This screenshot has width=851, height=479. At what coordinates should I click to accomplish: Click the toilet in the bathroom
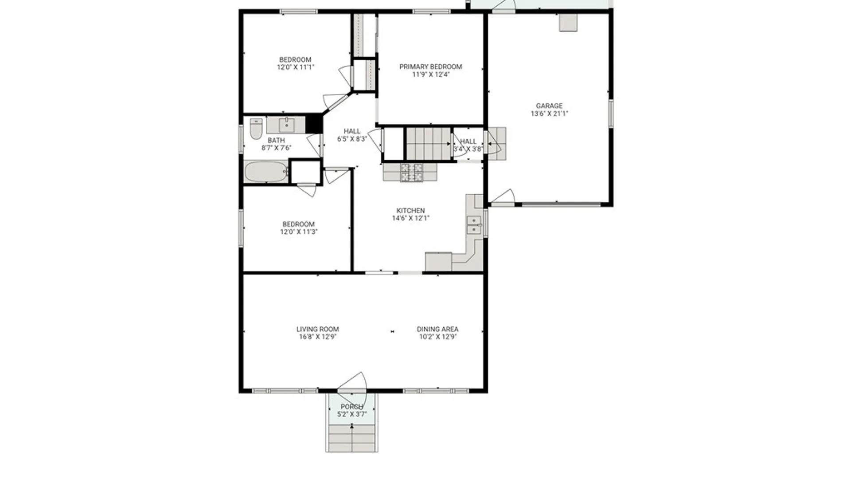point(256,129)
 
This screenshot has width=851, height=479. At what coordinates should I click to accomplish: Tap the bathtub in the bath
point(266,172)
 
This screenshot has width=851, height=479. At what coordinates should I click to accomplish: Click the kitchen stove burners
point(411,173)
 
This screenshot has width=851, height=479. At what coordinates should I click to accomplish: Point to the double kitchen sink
point(474,225)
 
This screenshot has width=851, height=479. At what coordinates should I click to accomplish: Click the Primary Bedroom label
point(430,67)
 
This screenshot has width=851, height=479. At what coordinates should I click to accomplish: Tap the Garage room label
point(549,106)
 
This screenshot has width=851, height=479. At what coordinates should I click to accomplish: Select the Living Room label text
point(317,329)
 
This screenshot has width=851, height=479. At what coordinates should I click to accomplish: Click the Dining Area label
point(437,329)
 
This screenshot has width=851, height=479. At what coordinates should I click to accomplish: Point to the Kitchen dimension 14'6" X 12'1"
point(410,218)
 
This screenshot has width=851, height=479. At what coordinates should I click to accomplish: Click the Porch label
point(352,407)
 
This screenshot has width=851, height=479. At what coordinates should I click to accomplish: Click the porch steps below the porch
point(352,438)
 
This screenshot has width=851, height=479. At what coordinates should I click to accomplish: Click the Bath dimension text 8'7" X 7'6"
point(276,148)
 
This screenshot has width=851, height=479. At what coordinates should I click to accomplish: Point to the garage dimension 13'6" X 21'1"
point(549,114)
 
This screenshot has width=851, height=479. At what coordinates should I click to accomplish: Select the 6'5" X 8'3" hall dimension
point(352,139)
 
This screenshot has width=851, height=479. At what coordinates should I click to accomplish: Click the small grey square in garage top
point(568,23)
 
